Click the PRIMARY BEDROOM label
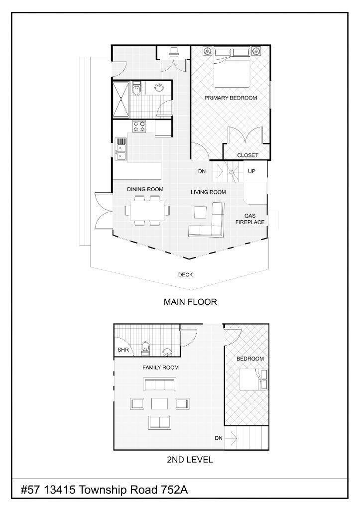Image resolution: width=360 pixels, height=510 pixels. click(231, 98)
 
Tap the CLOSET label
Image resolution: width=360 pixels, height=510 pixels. click(247, 155)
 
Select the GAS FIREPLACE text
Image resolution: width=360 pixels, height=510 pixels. click(250, 219)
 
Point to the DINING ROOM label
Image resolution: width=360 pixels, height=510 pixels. click(145, 189)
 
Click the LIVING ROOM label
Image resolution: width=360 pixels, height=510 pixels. click(209, 192)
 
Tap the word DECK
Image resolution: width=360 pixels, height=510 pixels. click(185, 274)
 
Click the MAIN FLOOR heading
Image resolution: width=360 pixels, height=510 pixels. click(190, 302)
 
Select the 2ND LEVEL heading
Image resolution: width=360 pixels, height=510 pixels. click(190, 460)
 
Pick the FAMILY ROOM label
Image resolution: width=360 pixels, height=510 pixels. click(160, 368)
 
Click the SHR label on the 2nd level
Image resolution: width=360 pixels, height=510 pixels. click(122, 350)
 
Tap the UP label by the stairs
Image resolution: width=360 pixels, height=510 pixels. click(252, 171)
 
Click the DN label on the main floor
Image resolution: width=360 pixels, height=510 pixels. click(202, 171)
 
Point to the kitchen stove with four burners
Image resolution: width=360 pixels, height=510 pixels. click(139, 127)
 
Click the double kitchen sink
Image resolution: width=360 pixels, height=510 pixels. click(121, 149)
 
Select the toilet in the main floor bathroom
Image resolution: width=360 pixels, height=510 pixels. click(137, 89)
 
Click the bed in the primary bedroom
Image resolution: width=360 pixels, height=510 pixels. click(232, 69)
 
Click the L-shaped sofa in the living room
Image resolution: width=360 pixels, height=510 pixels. click(209, 223)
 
